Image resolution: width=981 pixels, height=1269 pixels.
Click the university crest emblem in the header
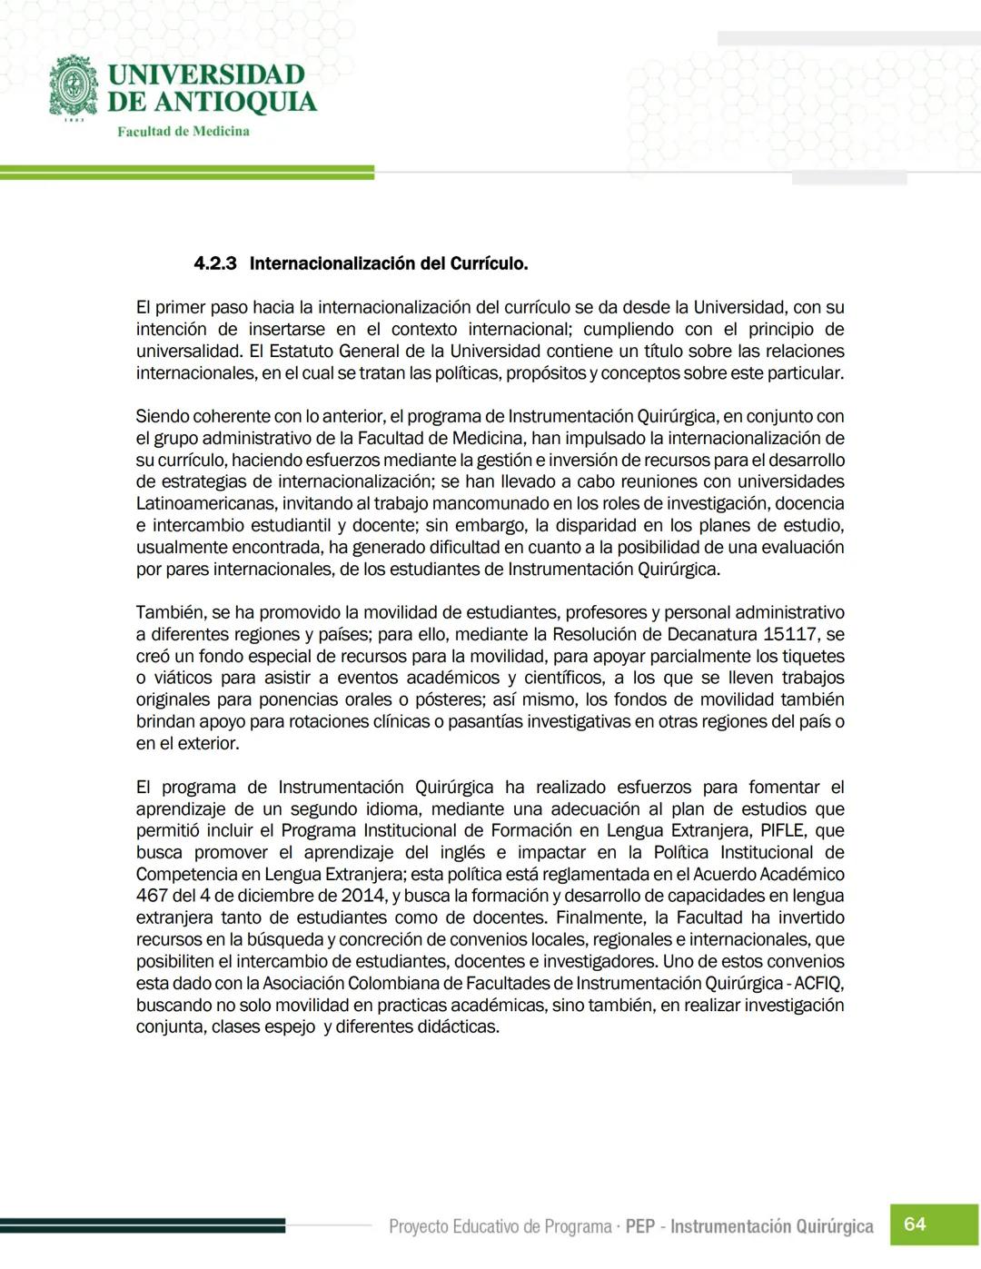point(74,88)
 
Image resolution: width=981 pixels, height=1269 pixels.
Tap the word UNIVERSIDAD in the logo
point(206,74)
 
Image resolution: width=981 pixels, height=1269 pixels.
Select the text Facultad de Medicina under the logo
point(183,132)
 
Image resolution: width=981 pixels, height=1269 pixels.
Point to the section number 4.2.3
point(215,264)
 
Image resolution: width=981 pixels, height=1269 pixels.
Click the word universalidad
point(187,352)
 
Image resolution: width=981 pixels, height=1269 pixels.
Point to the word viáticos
point(183,679)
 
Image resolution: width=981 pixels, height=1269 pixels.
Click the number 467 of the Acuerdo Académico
point(151,897)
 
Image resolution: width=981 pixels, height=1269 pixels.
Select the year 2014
point(362,897)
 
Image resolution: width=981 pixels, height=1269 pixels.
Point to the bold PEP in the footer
point(640,1227)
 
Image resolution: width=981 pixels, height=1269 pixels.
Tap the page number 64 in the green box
point(915,1224)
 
